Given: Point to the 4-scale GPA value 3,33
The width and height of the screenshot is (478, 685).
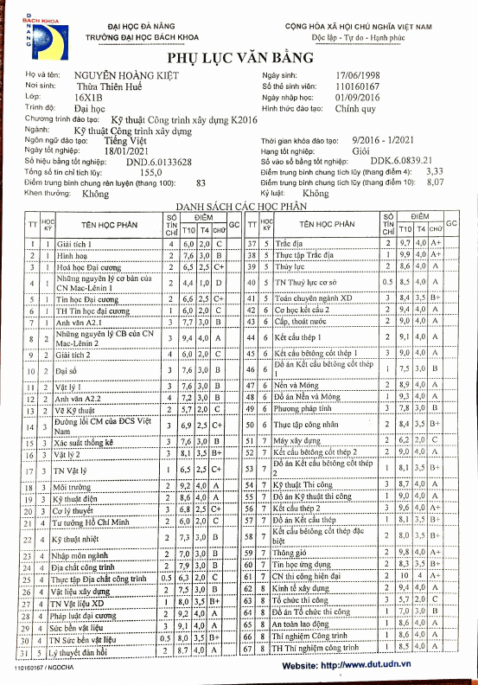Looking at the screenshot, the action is tap(436, 172).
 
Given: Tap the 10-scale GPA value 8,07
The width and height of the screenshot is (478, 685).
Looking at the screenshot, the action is tap(436, 182).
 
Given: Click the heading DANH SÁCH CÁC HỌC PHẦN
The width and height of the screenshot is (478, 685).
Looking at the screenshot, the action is tap(241, 208).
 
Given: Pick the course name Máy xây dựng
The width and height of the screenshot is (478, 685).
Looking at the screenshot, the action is tap(296, 440).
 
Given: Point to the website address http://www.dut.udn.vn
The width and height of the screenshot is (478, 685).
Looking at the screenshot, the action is tap(367, 665).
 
